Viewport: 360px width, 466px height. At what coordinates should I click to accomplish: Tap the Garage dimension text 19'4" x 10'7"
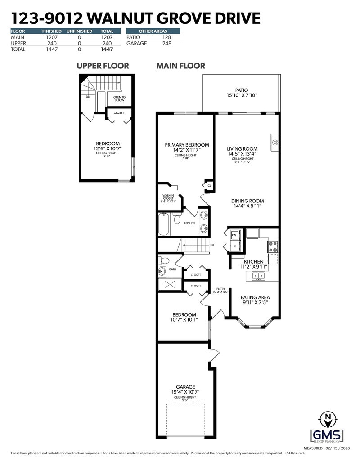tap(185, 392)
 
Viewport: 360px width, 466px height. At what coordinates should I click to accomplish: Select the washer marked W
tap(234, 234)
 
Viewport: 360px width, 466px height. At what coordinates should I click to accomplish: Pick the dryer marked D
tap(234, 247)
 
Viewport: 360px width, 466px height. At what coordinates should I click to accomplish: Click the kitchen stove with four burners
tap(273, 246)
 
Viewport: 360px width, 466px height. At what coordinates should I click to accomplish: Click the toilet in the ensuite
tap(177, 220)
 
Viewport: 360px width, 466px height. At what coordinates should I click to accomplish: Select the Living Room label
tap(242, 149)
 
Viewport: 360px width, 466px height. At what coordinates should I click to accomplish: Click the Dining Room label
tap(247, 201)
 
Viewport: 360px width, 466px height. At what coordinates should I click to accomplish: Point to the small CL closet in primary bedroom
tap(209, 185)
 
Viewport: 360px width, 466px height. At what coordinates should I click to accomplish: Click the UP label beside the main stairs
tap(212, 246)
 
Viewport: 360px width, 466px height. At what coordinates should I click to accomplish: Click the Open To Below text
tap(119, 99)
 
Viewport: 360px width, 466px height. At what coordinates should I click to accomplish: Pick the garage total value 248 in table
tap(167, 44)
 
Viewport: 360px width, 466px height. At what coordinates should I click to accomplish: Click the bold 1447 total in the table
tap(107, 49)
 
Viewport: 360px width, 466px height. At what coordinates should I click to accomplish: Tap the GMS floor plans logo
tap(327, 428)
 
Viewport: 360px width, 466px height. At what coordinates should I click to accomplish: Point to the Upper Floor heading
tap(103, 66)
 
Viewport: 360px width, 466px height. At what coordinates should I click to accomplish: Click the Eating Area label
tap(255, 297)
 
